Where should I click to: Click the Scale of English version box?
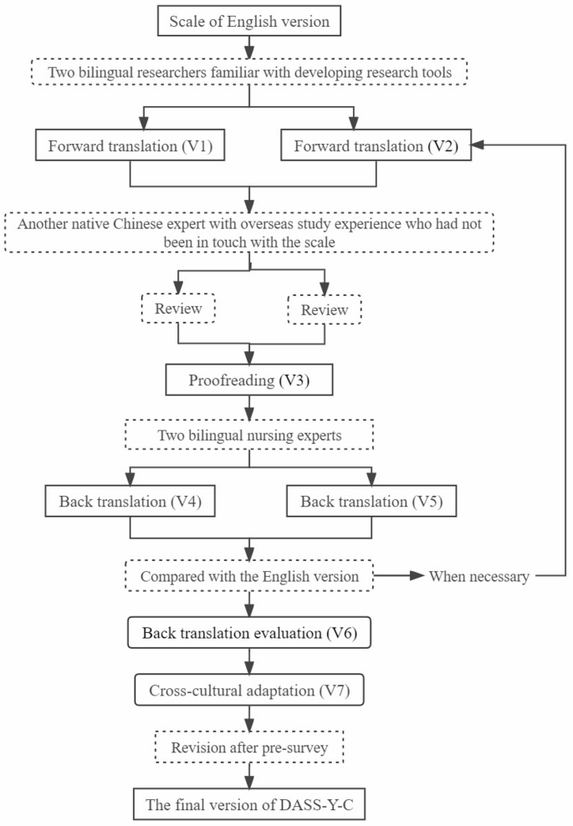pos(249,21)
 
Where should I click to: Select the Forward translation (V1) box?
pos(129,145)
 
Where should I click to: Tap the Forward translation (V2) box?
pos(376,145)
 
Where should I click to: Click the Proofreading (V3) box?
pos(250,380)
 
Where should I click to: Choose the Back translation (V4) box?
pos(129,502)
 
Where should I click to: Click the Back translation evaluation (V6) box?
pos(250,633)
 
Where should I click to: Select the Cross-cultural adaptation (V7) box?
pos(250,691)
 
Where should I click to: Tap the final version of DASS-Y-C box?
pos(250,804)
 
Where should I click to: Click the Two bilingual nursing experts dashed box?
pos(250,436)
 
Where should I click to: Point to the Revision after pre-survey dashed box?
pos(250,747)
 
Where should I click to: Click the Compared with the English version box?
pos(250,576)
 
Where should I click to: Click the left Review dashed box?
pos(179,308)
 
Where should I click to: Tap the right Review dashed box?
pos(324,309)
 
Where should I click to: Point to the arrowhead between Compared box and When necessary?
pos(415,576)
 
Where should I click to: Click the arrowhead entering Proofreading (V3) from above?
pos(250,356)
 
